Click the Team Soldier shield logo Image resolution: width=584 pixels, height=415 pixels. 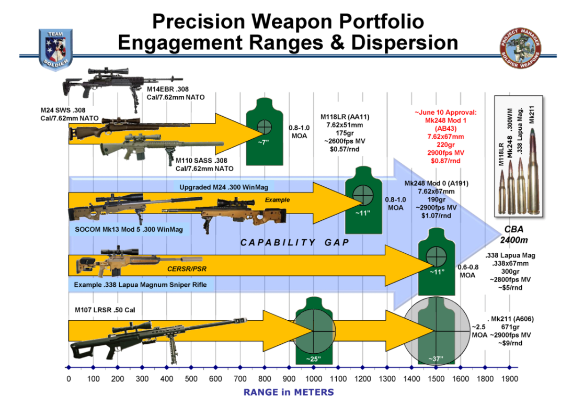coord(55,49)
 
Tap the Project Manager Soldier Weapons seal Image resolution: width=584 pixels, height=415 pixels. coord(520,48)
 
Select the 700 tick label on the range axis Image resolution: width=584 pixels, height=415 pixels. coord(240,379)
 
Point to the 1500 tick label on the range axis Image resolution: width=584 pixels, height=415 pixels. coord(436,379)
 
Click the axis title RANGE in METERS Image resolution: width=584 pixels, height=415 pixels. coord(289,392)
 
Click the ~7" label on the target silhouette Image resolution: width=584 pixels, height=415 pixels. coord(264,142)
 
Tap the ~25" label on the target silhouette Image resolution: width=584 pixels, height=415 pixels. coord(314,358)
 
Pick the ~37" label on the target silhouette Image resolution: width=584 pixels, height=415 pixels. coord(436,358)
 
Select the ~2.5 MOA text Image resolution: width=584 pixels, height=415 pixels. coord(479,331)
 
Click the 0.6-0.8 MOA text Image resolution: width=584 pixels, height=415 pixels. coord(468,271)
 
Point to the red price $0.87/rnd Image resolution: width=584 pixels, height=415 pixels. coord(445,161)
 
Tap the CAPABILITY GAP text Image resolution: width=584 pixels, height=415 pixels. coord(295,243)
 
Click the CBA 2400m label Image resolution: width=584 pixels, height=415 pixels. coord(514,234)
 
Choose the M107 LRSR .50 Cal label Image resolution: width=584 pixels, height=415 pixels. coord(105,310)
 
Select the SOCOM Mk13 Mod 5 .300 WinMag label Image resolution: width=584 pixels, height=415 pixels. coord(129,229)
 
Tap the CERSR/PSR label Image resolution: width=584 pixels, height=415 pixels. coord(187,269)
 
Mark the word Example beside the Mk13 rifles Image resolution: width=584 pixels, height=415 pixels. coord(277,200)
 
